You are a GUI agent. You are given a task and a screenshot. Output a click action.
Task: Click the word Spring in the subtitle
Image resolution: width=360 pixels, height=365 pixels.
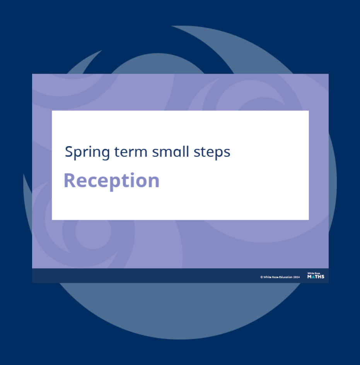point(87,152)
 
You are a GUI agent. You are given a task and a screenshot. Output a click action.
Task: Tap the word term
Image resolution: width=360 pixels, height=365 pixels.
point(131,152)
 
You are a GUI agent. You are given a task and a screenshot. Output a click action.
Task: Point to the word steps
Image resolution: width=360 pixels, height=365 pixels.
point(212,153)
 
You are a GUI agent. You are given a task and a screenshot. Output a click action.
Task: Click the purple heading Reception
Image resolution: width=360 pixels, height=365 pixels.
point(112,181)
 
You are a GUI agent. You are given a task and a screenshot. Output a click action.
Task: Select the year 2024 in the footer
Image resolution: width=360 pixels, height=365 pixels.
point(297,277)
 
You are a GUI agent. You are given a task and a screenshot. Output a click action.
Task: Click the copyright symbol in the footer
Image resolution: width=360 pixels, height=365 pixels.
point(262,277)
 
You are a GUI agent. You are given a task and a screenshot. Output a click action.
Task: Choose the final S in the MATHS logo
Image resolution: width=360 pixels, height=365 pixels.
point(323,276)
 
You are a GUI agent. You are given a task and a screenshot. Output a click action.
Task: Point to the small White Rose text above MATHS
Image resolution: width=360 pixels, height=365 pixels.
point(314,273)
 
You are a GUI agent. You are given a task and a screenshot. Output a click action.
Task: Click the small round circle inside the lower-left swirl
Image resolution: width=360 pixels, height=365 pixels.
point(93,231)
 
